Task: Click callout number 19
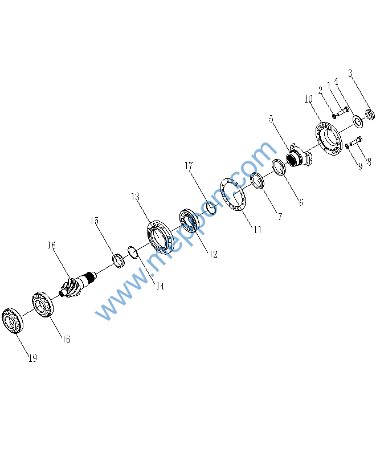(x=32, y=358)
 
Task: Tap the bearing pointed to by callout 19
(x=13, y=320)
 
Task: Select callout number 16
(x=66, y=339)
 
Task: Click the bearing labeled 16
(x=43, y=304)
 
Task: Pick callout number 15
(x=95, y=221)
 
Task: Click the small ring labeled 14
(x=133, y=252)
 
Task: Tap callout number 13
(x=135, y=197)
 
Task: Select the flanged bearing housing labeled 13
(x=160, y=237)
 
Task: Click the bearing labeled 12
(x=189, y=221)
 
